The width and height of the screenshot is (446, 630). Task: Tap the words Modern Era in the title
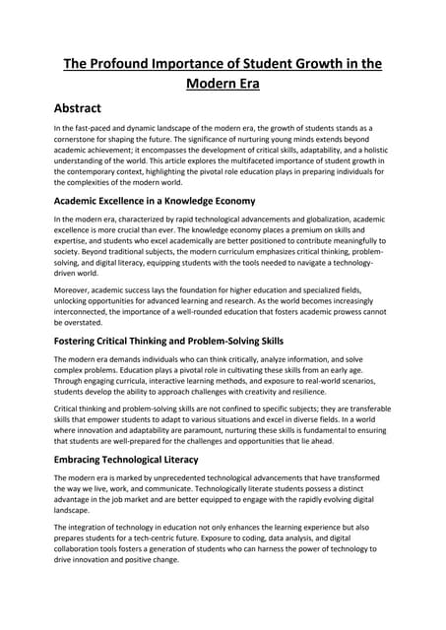click(x=223, y=85)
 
